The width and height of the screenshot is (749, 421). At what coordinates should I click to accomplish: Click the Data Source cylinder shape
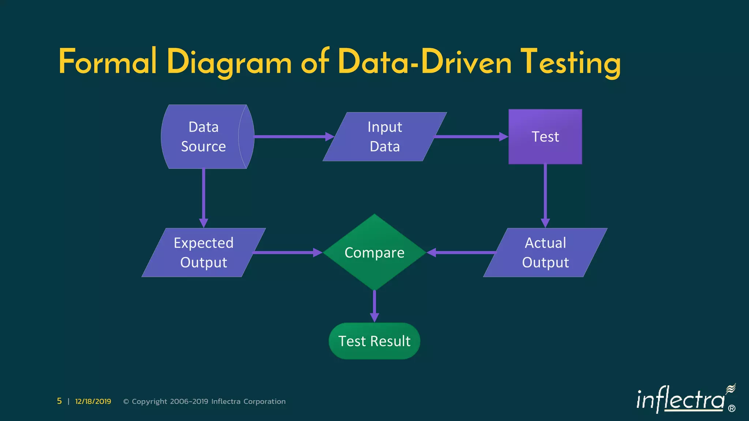[203, 137]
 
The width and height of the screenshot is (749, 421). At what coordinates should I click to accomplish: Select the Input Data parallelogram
[385, 137]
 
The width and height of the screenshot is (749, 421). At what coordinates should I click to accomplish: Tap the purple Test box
[545, 137]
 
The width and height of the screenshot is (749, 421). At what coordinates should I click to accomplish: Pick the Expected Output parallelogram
[203, 253]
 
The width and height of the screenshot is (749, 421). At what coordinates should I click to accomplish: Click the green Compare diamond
[374, 253]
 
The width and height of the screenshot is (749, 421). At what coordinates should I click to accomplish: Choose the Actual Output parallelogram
[545, 253]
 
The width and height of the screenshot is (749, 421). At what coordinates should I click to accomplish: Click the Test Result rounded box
[374, 341]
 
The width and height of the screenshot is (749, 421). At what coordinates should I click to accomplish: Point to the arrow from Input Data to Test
[470, 137]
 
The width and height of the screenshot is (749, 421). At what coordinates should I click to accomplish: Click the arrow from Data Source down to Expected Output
[203, 197]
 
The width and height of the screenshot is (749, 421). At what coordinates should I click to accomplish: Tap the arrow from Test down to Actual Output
[545, 196]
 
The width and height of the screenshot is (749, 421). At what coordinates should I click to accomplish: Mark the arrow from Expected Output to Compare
[285, 253]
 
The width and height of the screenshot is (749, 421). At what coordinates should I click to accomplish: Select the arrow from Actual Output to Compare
[463, 253]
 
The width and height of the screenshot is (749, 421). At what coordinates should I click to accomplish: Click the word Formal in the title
[108, 62]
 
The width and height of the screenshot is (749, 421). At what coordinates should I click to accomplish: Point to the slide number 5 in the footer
[59, 401]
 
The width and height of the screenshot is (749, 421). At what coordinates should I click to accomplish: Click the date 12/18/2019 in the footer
[93, 401]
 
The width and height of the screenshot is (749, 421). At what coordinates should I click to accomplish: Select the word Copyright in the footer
[149, 401]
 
